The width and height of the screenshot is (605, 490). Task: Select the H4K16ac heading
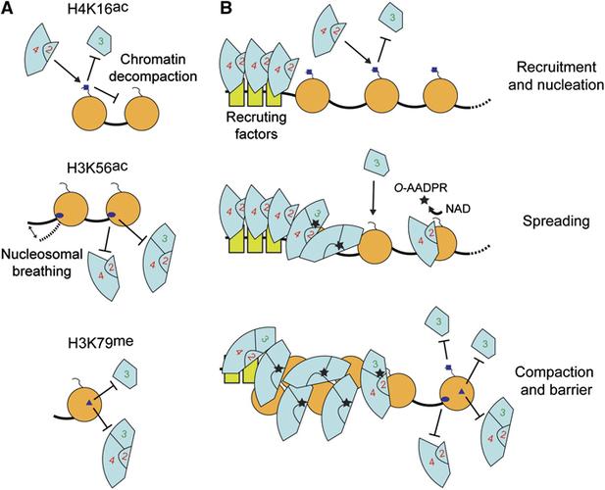pyautogui.click(x=90, y=13)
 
